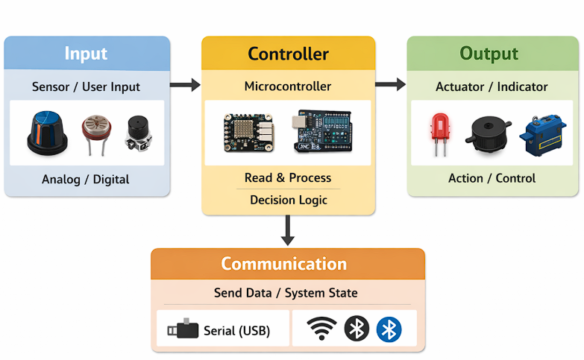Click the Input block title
tap(86, 54)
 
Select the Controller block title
tap(288, 54)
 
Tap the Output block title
tap(489, 54)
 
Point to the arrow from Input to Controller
tap(185, 85)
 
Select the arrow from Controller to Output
tap(390, 85)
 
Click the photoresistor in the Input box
tap(94, 130)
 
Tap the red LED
tap(440, 131)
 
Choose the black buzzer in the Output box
tap(490, 133)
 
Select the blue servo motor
tap(541, 133)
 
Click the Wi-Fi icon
tap(321, 329)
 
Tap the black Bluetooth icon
tap(357, 329)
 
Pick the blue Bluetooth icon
tap(389, 329)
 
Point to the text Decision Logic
tap(288, 200)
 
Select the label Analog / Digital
tap(86, 180)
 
